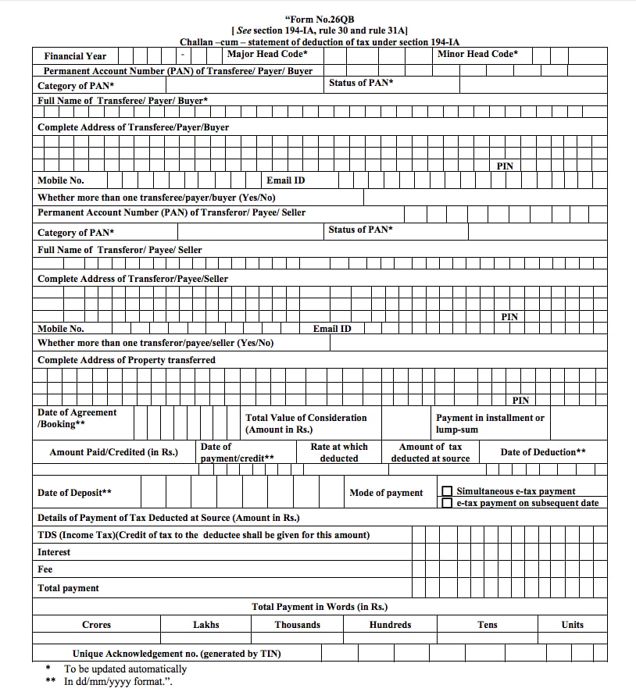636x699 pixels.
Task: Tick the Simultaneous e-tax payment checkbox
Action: pos(447,491)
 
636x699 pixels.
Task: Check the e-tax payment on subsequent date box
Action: pos(447,503)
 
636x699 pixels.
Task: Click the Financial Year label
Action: pos(75,56)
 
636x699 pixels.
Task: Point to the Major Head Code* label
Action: pos(267,54)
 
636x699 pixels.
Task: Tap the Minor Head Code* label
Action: pos(477,54)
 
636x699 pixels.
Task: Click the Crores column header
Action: pos(97,625)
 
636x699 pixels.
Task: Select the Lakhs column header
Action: pos(206,625)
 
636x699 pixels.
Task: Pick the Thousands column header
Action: pos(298,625)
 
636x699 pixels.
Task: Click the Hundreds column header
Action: pos(390,625)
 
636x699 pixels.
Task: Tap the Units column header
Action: pos(572,625)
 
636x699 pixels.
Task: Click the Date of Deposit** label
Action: pos(74,493)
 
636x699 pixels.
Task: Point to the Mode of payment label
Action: pos(386,493)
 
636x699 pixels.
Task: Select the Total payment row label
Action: pos(69,588)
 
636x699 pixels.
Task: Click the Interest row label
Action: pos(54,552)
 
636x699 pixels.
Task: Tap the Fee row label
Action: pos(45,569)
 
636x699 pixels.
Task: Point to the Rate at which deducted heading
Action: pos(339,452)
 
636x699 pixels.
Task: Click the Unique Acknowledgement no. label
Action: pos(177,654)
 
